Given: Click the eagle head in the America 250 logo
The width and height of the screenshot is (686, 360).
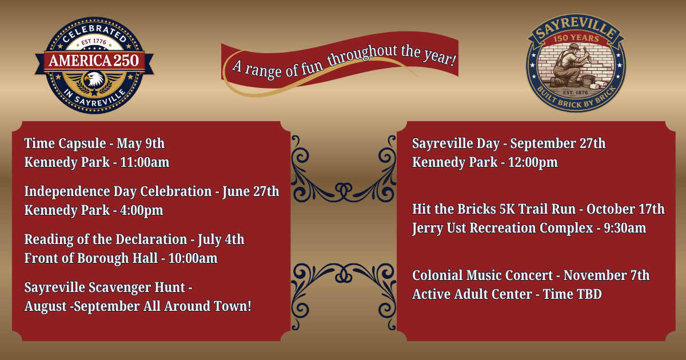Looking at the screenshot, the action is [x=94, y=79].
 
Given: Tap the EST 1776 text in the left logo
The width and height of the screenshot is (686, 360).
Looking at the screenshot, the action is [x=94, y=42].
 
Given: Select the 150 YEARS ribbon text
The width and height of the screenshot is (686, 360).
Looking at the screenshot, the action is [x=576, y=38].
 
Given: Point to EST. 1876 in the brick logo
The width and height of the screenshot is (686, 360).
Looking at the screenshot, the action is [x=576, y=93].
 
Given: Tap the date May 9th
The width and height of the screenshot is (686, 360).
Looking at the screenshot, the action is [x=141, y=143].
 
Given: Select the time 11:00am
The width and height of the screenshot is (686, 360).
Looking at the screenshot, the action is [x=145, y=162].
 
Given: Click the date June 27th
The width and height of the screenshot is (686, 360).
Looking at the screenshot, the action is [x=251, y=191].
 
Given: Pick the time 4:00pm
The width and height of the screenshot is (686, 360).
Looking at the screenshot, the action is [x=142, y=210].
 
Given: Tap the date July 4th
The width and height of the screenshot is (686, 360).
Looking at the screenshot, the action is [x=221, y=239].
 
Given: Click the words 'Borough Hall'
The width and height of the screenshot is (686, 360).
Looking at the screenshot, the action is [x=117, y=258].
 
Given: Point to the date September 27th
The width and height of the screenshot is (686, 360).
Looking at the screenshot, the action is [x=558, y=143].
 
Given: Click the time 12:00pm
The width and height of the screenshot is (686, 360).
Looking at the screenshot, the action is [x=533, y=162].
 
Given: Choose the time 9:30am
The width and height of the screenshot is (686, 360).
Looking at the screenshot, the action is [x=625, y=228].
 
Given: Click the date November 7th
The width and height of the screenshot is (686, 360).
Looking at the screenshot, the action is [x=607, y=275].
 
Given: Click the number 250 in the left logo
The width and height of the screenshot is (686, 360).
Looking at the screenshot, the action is [x=126, y=61].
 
